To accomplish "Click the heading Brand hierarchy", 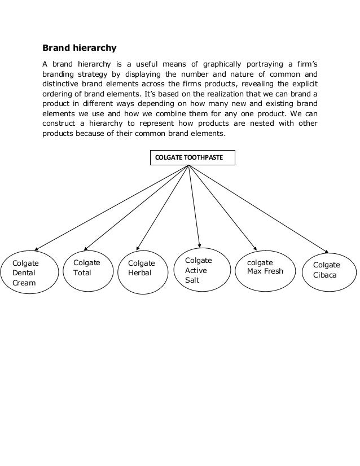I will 80,47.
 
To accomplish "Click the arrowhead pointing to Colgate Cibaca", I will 326,251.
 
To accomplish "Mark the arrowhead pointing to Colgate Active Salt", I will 199,243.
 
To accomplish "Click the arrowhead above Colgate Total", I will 86,248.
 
